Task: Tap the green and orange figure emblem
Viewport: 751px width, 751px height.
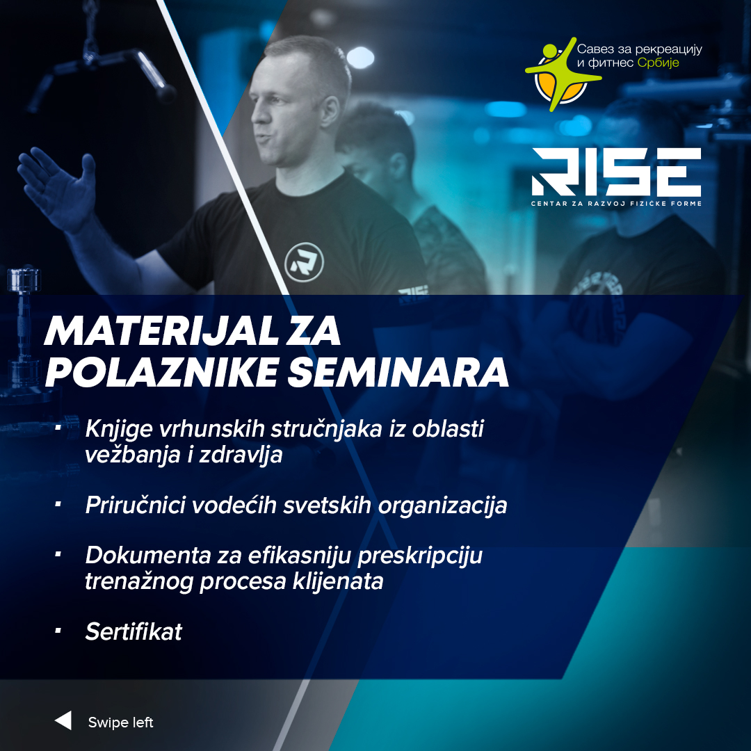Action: (561, 74)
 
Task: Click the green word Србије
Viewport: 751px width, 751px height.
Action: (658, 63)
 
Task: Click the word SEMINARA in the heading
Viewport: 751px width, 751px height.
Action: (398, 372)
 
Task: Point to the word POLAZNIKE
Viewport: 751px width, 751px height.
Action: (161, 372)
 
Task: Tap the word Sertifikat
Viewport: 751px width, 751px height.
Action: (134, 631)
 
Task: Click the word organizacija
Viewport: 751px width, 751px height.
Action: (442, 506)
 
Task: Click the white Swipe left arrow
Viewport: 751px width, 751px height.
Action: (63, 720)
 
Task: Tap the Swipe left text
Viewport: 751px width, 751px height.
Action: (121, 722)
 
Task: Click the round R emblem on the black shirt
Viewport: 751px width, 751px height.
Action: (304, 262)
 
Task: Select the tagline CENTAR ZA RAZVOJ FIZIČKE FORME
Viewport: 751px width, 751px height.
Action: (616, 204)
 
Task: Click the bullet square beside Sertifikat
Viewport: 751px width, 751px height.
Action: (58, 631)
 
